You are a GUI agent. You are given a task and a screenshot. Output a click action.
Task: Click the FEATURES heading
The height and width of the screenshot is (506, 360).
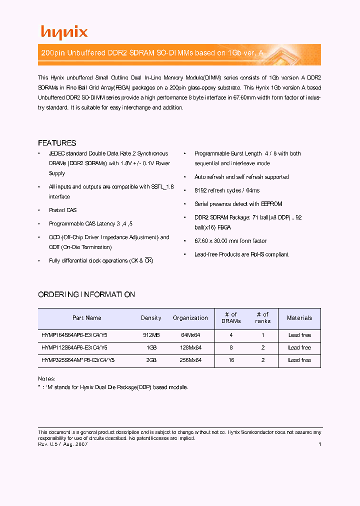click(x=57, y=143)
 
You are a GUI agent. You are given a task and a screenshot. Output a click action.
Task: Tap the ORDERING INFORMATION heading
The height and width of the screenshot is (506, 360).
click(x=86, y=294)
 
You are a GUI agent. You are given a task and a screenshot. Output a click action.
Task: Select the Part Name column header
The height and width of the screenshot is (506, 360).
click(x=87, y=318)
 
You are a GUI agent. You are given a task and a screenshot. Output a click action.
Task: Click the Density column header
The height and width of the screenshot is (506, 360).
click(x=151, y=318)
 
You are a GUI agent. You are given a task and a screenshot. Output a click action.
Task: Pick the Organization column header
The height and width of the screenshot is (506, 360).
click(x=190, y=318)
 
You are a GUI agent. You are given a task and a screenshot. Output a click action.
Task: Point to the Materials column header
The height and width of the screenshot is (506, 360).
click(x=299, y=318)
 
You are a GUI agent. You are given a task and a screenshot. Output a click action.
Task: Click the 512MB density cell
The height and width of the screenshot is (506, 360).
click(x=151, y=335)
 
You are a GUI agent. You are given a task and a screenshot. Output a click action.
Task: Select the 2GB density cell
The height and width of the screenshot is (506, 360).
click(x=151, y=360)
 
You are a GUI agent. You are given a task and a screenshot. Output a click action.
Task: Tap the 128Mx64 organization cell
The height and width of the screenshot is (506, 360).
click(x=190, y=347)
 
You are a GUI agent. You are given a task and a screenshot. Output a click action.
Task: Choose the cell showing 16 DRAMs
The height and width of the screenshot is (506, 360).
click(x=231, y=360)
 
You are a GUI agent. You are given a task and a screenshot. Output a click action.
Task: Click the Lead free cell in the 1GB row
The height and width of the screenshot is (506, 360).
click(x=299, y=347)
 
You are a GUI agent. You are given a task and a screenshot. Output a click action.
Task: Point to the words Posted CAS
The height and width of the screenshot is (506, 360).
click(x=62, y=210)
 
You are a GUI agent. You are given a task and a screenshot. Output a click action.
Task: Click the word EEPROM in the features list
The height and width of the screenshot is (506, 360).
click(x=272, y=204)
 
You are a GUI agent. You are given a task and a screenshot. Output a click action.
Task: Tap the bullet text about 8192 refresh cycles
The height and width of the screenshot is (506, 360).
click(x=227, y=190)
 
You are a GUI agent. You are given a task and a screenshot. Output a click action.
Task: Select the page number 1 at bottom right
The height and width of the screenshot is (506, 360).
click(x=319, y=444)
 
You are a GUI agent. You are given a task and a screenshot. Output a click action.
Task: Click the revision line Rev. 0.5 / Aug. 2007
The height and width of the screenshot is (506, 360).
click(x=63, y=444)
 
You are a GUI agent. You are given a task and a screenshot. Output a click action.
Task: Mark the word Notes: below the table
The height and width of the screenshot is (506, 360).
click(x=46, y=378)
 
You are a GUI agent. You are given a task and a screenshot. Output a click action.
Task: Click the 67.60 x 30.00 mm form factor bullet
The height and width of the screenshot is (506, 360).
click(x=230, y=241)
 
